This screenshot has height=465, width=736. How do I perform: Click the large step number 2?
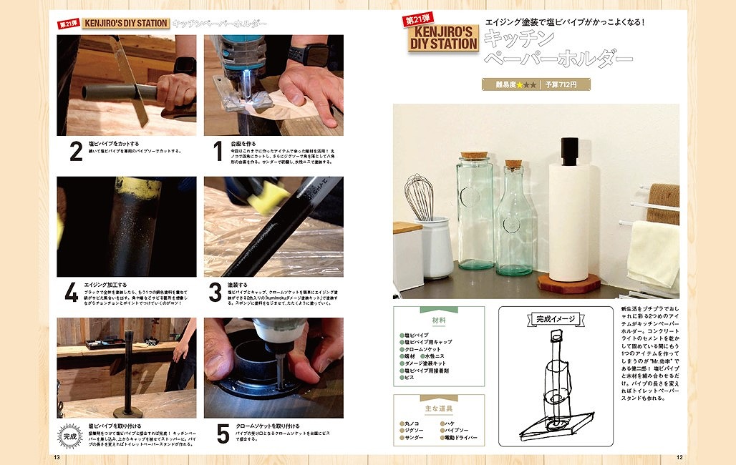(x=76, y=152)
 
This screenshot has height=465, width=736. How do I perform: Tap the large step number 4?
(x=72, y=293)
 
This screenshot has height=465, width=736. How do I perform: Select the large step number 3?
(x=216, y=293)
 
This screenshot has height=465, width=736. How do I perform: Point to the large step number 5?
(x=223, y=434)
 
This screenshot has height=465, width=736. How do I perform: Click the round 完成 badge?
(x=70, y=435)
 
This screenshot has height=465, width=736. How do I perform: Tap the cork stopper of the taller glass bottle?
(x=474, y=155)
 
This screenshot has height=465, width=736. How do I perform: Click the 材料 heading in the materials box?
(x=438, y=320)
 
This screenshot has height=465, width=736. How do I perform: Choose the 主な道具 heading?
(x=438, y=408)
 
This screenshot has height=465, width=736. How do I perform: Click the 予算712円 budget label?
(x=566, y=84)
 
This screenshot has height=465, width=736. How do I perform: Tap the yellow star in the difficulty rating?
(x=520, y=85)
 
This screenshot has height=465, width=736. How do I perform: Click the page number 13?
(x=56, y=457)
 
